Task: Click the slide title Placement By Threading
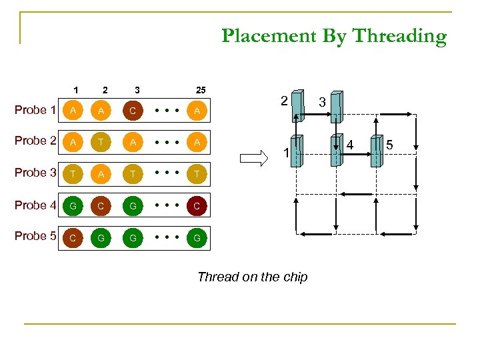pos(334,36)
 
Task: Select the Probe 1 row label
pos(35,110)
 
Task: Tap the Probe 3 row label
pos(35,173)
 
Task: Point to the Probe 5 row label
pos(35,236)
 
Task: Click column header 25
pos(199,89)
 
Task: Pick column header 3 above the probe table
pos(137,89)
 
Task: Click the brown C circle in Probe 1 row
pos(133,111)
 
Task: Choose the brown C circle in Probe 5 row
pos(71,237)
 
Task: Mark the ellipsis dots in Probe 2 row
pos(165,142)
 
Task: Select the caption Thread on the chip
pos(252,277)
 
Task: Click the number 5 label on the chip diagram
pos(391,144)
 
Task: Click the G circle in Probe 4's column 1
pos(71,206)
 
